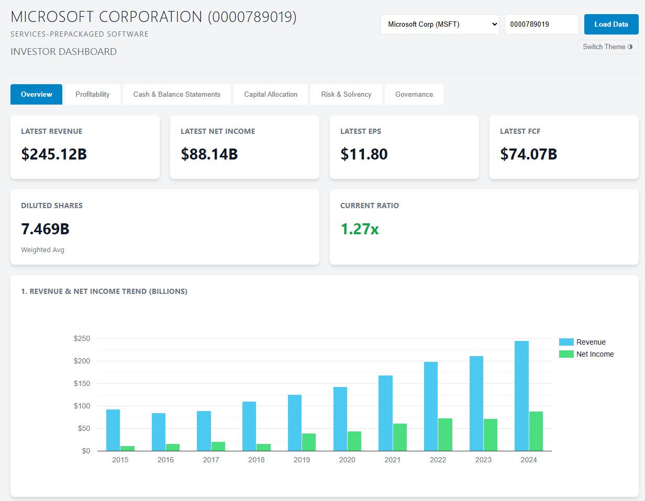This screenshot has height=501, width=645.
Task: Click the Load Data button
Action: [x=611, y=24]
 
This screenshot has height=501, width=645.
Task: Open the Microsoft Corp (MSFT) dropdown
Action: [x=440, y=24]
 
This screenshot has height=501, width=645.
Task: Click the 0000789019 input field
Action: [x=541, y=24]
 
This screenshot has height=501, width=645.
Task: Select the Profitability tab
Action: [x=92, y=95]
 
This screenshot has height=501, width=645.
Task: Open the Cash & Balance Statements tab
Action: [x=176, y=95]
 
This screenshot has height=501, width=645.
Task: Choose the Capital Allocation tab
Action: [x=271, y=95]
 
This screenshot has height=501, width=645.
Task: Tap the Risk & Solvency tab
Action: [x=346, y=95]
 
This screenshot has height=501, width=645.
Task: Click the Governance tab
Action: [x=414, y=95]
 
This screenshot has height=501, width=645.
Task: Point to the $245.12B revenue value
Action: [x=54, y=154]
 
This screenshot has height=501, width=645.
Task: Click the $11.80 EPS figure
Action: [x=364, y=154]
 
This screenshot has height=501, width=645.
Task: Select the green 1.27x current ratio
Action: [x=359, y=229]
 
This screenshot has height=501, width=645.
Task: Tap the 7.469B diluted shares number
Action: [x=45, y=229]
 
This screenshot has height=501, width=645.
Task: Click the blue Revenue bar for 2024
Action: [x=521, y=395]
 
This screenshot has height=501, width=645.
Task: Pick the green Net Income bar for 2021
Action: [x=400, y=437]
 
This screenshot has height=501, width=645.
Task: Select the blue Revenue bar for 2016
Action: [x=159, y=432]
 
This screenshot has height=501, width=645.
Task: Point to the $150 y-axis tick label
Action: [x=82, y=383]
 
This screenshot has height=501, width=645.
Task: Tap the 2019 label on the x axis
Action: [x=302, y=460]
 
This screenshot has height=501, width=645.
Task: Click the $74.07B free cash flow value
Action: [x=528, y=154]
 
